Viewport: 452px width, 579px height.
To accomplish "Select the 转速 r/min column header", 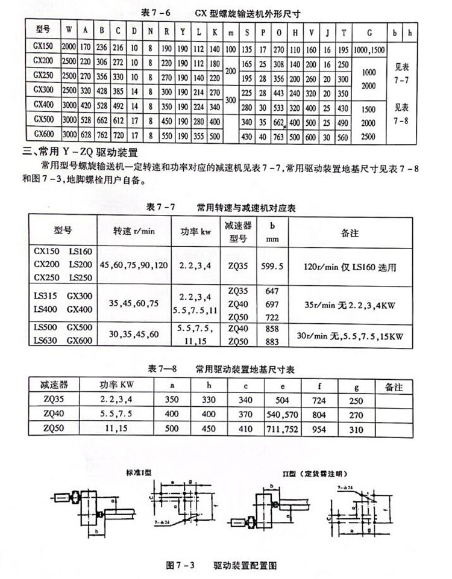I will pos(131,231).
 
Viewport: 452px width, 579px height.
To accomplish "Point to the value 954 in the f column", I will pos(319,428).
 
